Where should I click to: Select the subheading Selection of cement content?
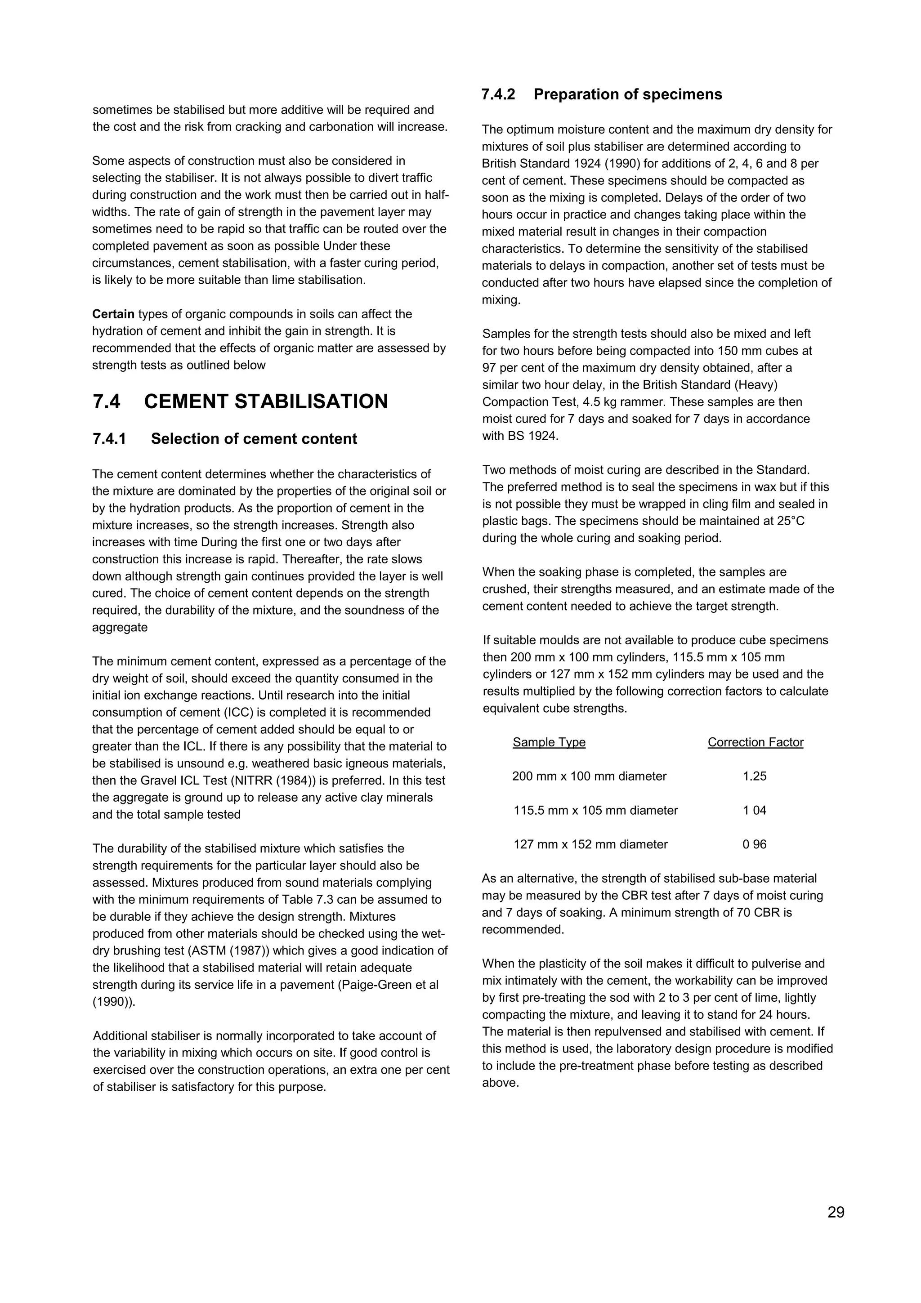(x=254, y=439)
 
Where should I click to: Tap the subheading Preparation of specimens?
(x=628, y=94)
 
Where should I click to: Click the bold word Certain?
(x=113, y=314)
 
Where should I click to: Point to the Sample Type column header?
(x=549, y=742)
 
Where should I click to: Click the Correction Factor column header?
(x=756, y=742)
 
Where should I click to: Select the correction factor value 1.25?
(x=754, y=776)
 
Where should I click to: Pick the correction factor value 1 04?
(x=754, y=810)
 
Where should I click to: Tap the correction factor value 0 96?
(x=754, y=844)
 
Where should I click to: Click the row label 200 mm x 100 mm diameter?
(x=589, y=776)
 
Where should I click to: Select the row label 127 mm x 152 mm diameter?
(x=590, y=844)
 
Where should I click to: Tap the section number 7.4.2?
(x=498, y=94)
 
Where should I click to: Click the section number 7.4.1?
(x=109, y=439)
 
